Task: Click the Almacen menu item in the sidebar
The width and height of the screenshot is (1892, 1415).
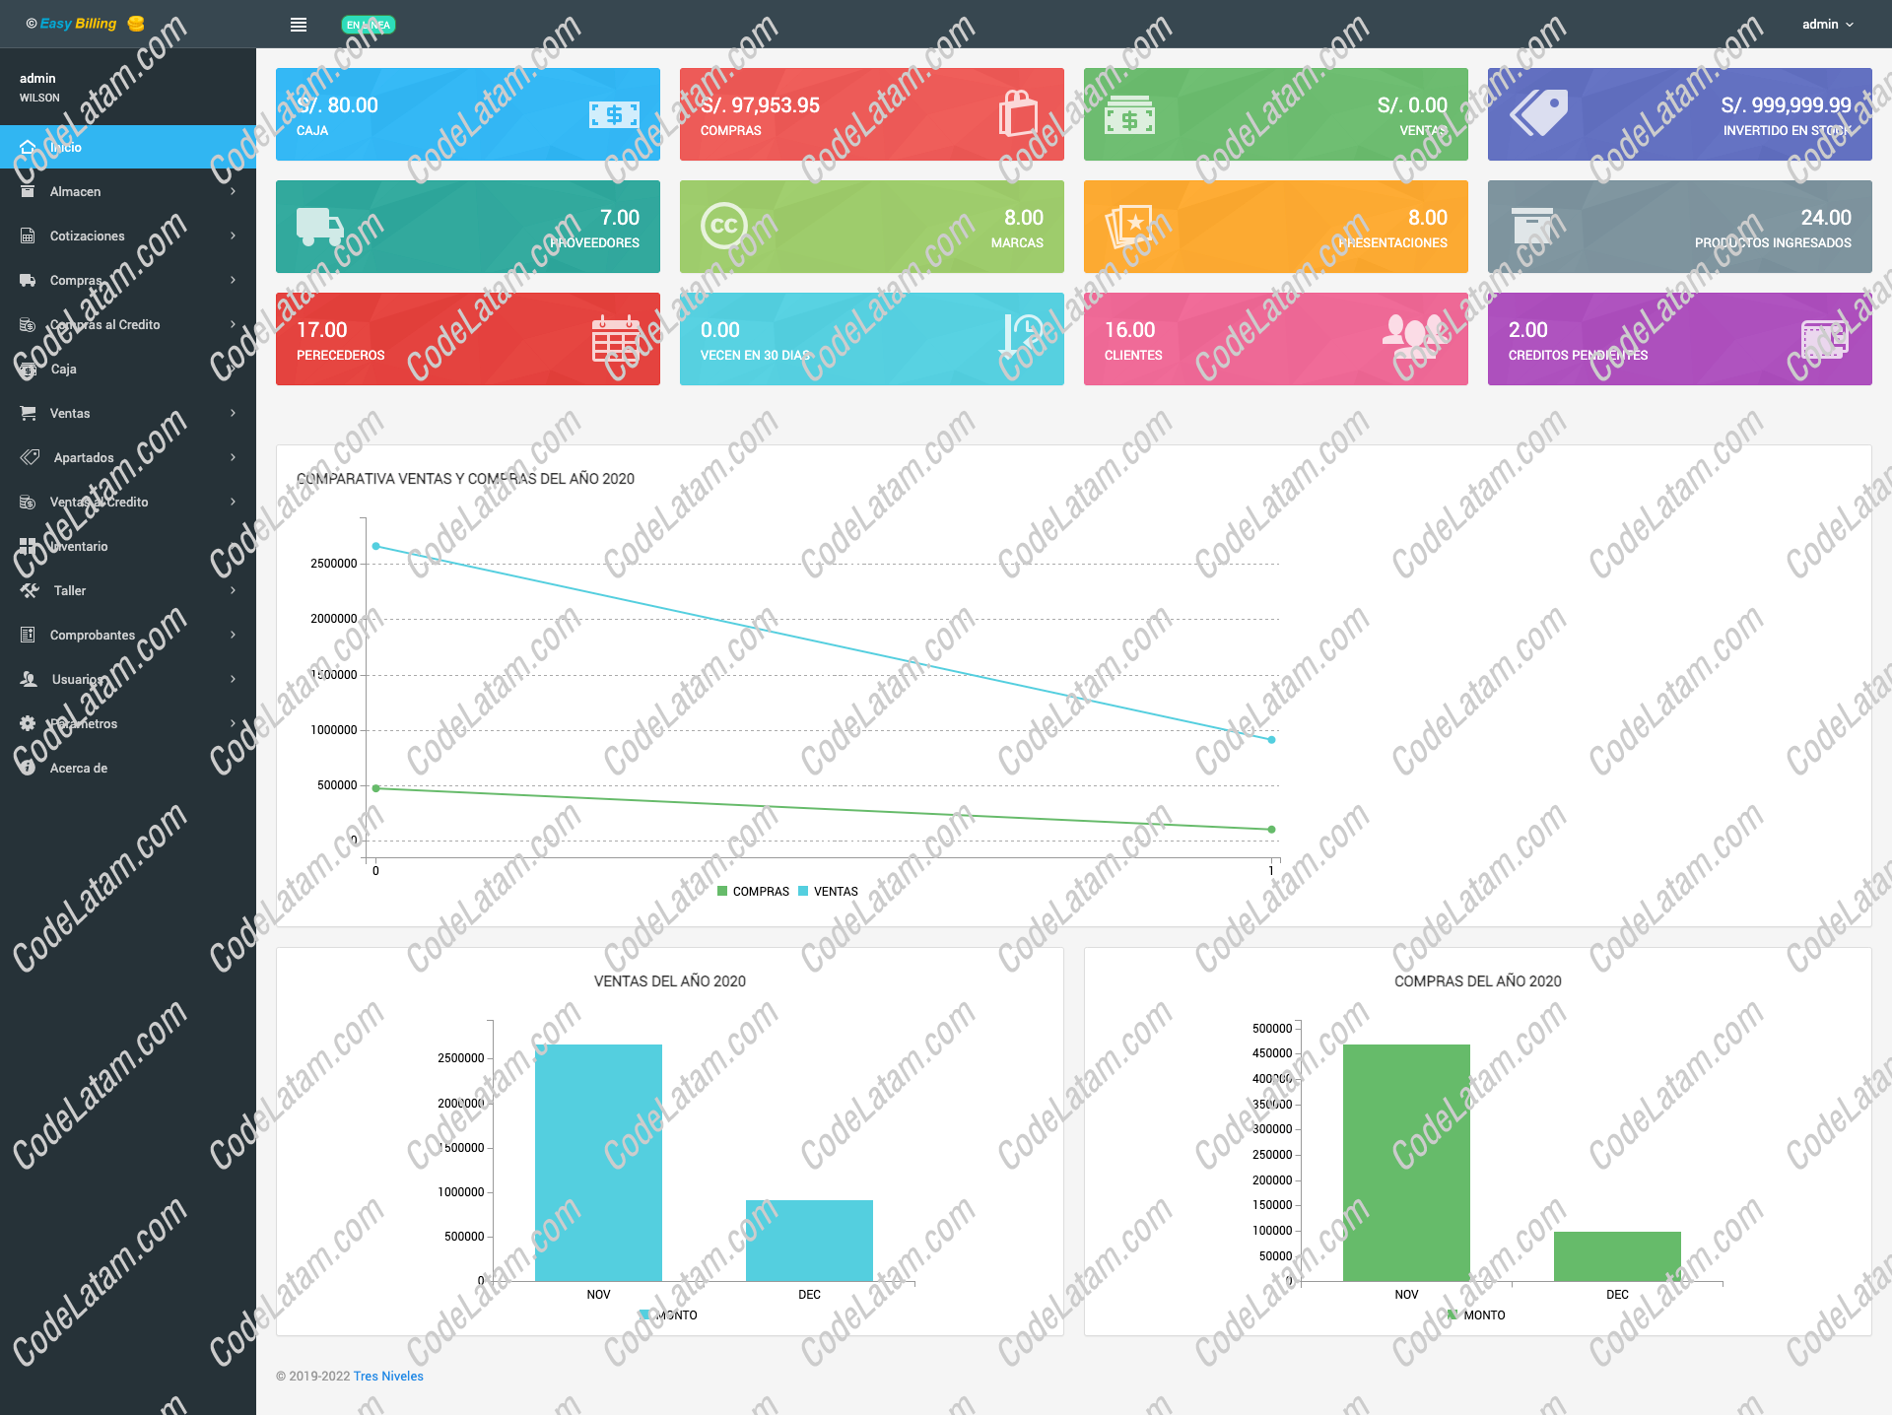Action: [76, 191]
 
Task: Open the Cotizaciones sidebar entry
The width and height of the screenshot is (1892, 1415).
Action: [88, 236]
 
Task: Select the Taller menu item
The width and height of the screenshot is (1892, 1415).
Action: [70, 590]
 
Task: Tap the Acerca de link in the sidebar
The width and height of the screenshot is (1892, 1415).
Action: [79, 768]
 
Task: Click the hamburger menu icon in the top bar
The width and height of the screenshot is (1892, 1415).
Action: [299, 25]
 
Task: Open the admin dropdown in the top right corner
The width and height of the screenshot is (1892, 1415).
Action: [1827, 25]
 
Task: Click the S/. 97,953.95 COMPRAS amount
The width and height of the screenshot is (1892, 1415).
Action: [760, 105]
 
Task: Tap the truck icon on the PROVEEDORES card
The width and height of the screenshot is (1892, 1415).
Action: [319, 227]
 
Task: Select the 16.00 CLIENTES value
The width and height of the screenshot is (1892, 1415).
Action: [1129, 330]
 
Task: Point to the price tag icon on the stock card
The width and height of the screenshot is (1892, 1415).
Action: [1539, 113]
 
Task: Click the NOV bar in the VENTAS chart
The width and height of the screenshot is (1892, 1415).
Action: [598, 1163]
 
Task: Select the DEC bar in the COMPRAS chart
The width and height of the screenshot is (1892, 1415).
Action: [1617, 1256]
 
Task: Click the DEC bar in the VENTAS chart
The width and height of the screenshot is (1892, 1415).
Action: [809, 1241]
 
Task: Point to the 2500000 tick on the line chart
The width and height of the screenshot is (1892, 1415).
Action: [334, 564]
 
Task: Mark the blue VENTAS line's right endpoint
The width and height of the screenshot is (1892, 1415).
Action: [1271, 739]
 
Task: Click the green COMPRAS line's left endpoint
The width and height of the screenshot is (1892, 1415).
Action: [375, 788]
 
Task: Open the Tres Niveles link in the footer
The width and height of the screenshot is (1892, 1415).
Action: [388, 1377]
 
